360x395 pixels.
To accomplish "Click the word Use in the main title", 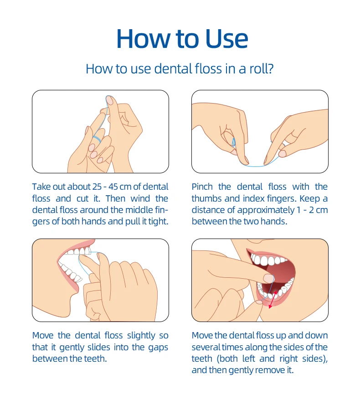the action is (x=226, y=39).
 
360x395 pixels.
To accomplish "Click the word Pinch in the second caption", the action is (x=202, y=187).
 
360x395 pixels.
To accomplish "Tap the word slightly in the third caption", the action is (x=141, y=336).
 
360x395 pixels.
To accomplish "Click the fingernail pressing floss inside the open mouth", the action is (x=268, y=278).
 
